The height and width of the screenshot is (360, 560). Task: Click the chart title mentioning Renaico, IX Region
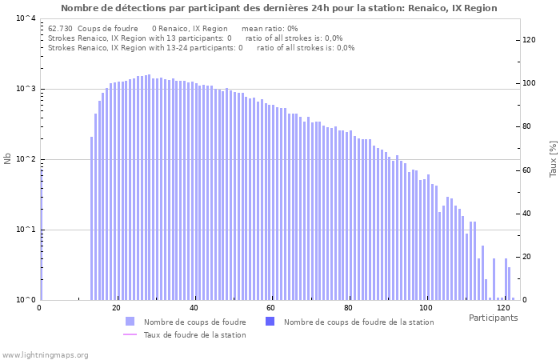[278, 8]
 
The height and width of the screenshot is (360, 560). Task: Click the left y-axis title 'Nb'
[8, 158]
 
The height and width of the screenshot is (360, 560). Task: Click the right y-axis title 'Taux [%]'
[553, 158]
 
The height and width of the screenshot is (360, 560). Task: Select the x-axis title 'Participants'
[493, 318]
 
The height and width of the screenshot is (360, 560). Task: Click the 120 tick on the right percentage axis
[529, 39]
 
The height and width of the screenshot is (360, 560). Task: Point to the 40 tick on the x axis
[194, 308]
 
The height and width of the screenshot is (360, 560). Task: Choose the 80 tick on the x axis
[348, 308]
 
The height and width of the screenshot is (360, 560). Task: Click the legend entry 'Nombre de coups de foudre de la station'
[358, 322]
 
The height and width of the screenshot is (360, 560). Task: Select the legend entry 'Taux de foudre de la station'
[194, 334]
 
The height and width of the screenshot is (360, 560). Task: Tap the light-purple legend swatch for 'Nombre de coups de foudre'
[130, 322]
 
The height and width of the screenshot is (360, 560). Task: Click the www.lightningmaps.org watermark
[45, 354]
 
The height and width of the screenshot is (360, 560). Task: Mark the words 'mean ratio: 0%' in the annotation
[270, 29]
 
